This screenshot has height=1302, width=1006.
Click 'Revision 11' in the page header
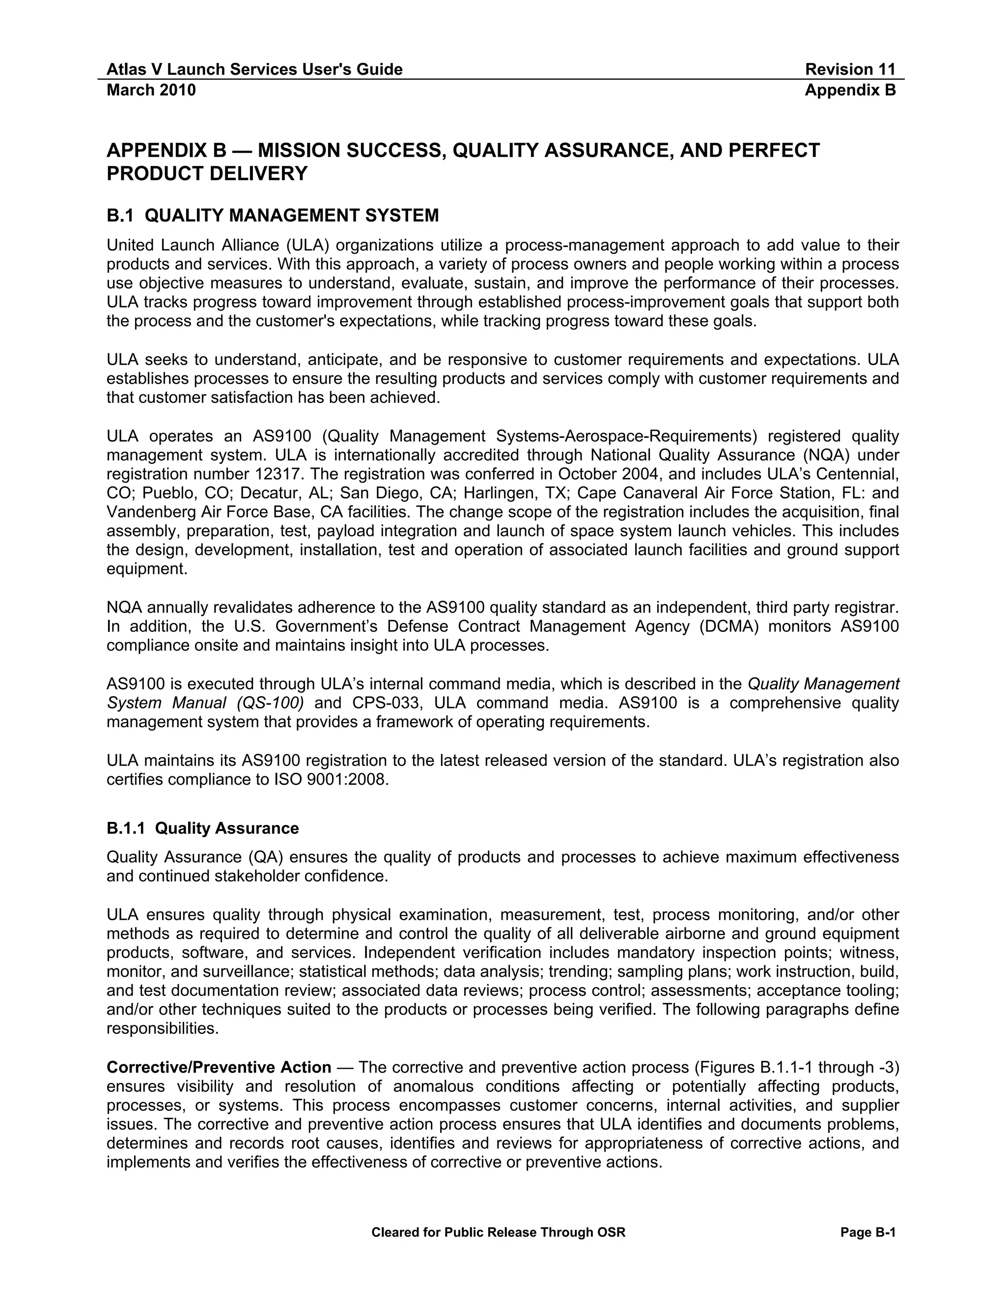point(850,69)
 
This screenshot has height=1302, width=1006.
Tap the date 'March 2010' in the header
point(151,90)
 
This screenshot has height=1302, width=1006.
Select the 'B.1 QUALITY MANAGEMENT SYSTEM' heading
point(272,215)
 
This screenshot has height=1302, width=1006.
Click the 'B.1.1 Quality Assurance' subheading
point(203,828)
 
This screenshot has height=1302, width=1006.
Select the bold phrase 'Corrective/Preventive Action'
point(219,1067)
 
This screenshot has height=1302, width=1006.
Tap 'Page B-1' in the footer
point(868,1232)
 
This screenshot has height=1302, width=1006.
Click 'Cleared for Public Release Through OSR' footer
point(498,1232)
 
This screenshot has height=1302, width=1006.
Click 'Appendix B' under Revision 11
point(850,90)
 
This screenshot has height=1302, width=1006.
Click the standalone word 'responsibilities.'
point(163,1028)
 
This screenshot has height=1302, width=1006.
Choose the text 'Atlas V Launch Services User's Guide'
point(254,69)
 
